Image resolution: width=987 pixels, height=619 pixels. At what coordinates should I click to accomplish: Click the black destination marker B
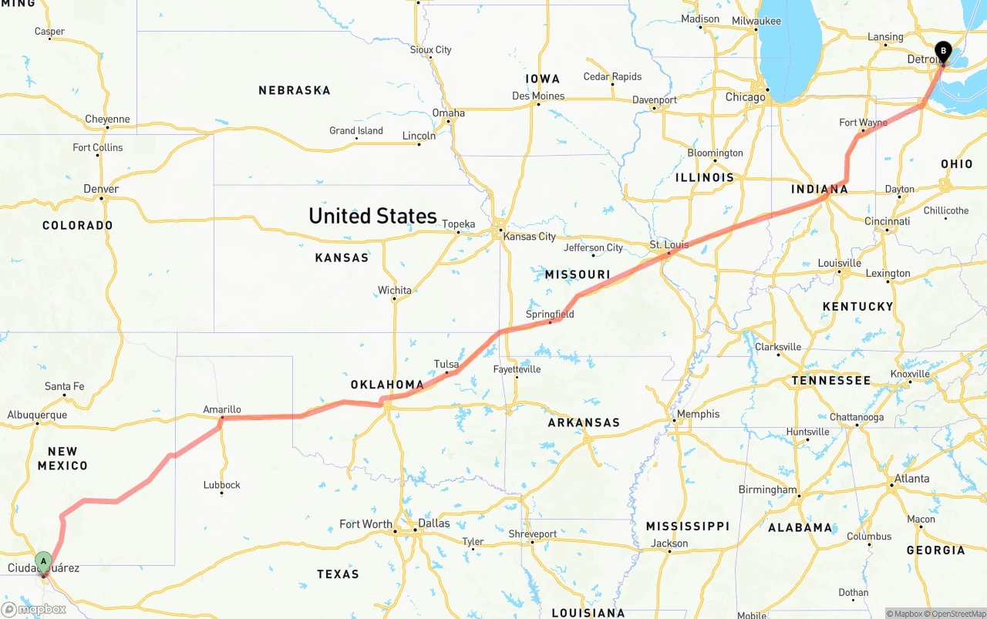click(942, 52)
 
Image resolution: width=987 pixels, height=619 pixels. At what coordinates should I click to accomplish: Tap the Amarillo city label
click(222, 409)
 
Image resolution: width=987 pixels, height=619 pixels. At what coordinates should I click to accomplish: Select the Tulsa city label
click(446, 364)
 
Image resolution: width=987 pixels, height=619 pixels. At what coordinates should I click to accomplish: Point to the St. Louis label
click(668, 244)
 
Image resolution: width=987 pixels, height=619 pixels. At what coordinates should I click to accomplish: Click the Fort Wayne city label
click(863, 123)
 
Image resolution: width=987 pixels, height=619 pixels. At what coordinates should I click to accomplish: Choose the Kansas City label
click(529, 237)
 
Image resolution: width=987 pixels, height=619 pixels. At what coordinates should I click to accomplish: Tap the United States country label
click(372, 216)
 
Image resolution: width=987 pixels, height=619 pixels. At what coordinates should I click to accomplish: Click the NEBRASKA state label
click(295, 90)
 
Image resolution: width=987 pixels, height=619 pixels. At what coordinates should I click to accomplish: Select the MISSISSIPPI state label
click(687, 526)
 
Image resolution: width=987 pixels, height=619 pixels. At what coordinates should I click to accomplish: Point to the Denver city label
click(101, 189)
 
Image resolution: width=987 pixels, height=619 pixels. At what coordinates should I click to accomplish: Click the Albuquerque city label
click(37, 415)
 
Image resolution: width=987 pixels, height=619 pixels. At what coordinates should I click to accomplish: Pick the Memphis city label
click(698, 414)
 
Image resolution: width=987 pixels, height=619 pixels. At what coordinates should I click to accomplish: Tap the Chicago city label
click(746, 97)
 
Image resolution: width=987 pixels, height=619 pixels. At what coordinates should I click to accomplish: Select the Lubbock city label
click(222, 485)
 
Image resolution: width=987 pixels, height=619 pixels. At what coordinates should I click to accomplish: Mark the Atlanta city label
click(912, 478)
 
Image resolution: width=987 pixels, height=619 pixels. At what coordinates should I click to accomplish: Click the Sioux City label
click(431, 50)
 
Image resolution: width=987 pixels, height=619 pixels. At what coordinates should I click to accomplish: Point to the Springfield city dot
click(550, 322)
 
